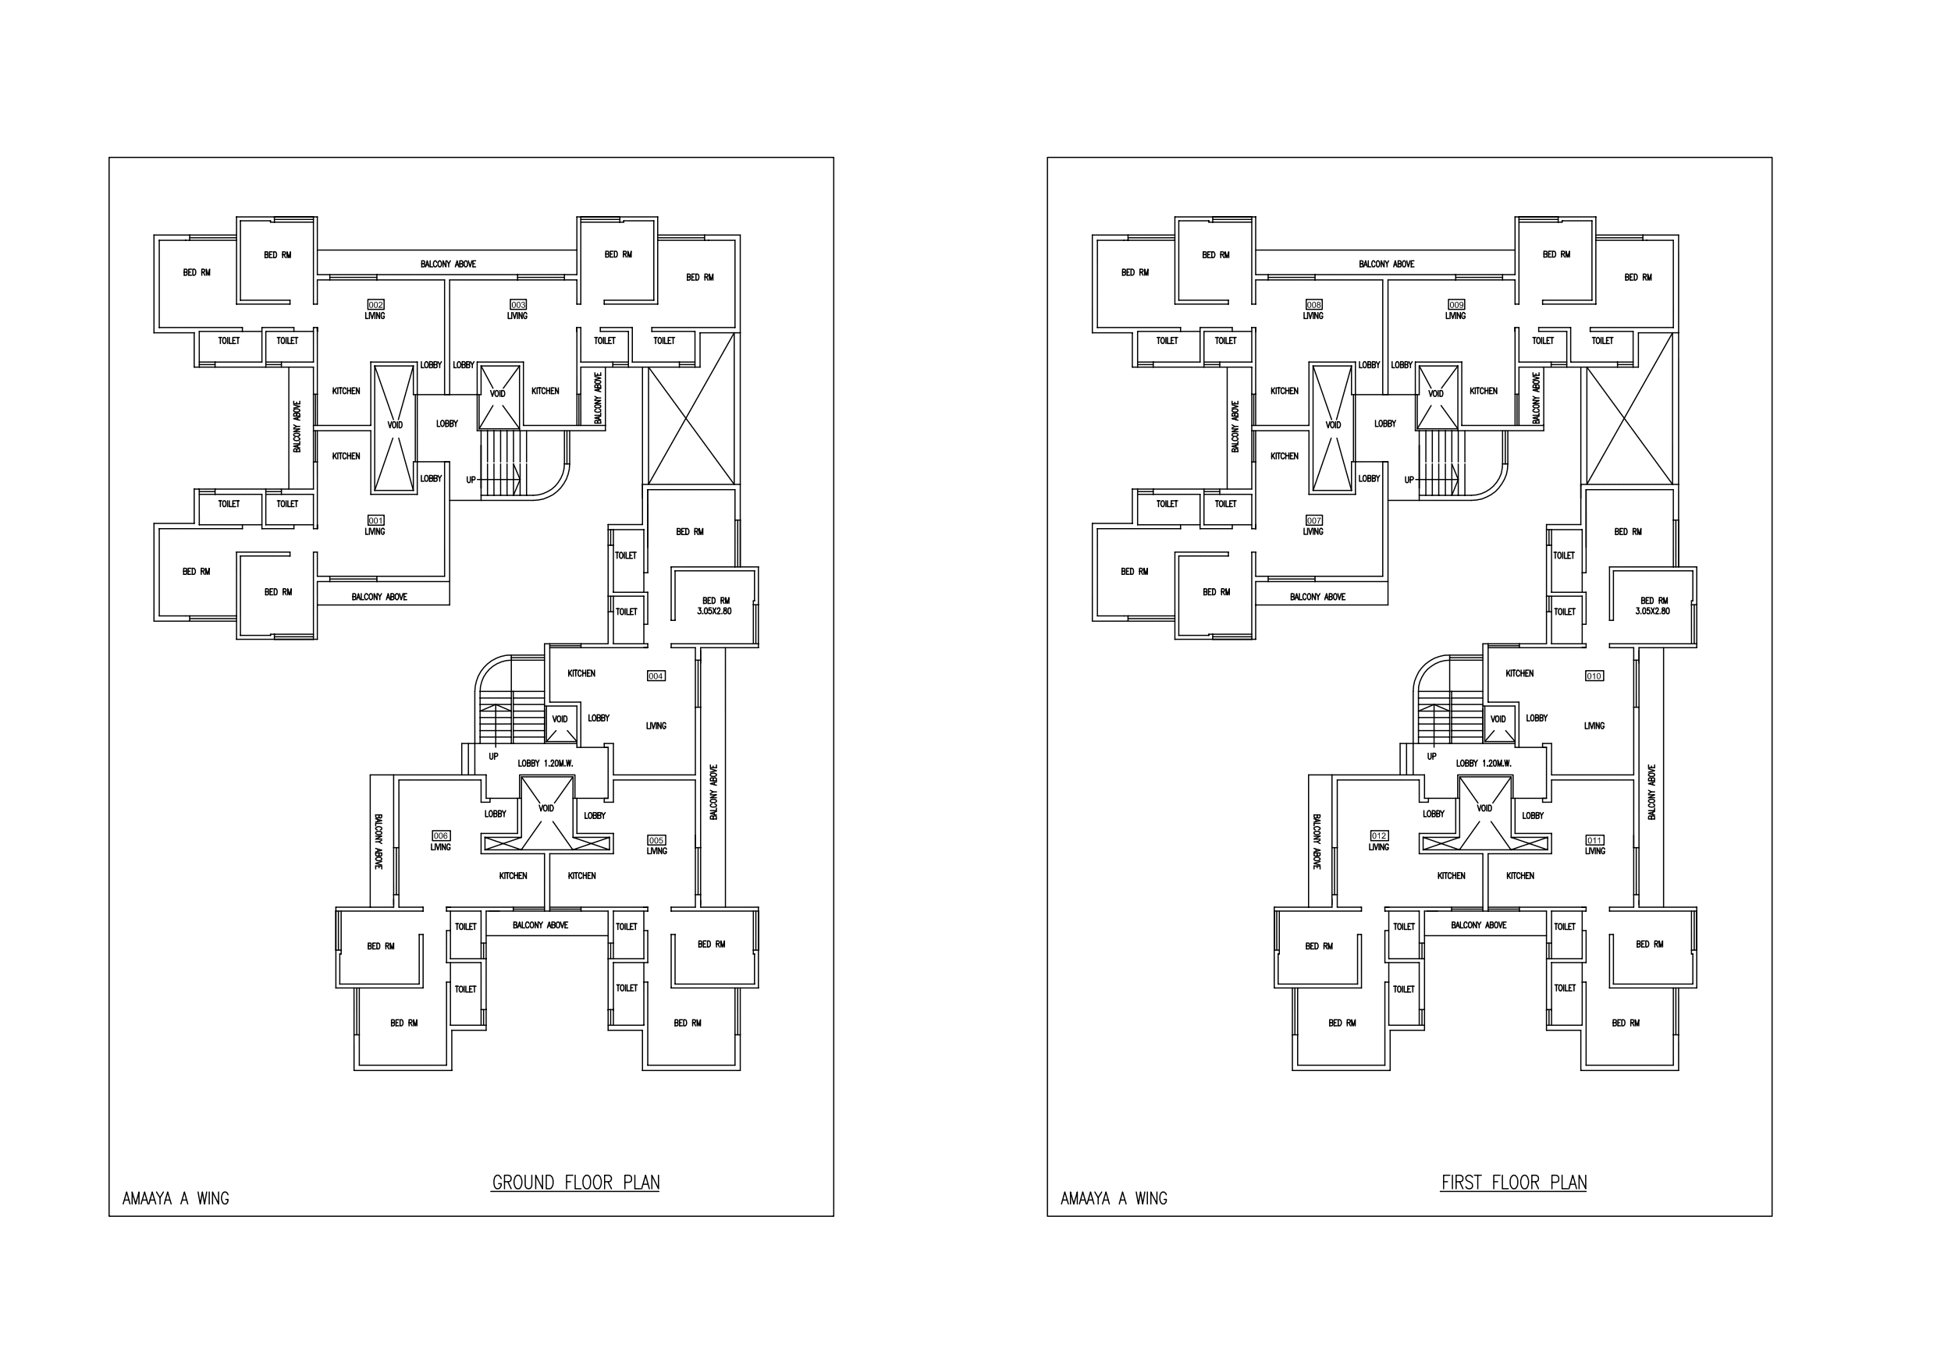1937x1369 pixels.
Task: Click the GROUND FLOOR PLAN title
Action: (575, 1183)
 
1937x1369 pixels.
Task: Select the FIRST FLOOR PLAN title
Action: (1513, 1183)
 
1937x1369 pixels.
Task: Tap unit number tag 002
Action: (375, 304)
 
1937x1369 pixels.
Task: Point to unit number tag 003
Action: (518, 304)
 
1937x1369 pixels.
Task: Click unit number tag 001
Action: (375, 520)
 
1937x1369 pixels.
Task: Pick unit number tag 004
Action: (656, 676)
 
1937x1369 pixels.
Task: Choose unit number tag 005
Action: (656, 840)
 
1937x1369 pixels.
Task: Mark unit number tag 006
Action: (440, 836)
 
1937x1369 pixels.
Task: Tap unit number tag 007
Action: (1313, 520)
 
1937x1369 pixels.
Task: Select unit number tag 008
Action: (1313, 304)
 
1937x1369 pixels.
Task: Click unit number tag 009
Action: (1456, 304)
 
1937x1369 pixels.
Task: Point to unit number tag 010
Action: (1594, 676)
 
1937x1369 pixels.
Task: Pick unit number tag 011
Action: (1594, 840)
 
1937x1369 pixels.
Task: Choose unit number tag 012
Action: (1378, 836)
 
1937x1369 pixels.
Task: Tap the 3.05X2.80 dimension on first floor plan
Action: (1653, 612)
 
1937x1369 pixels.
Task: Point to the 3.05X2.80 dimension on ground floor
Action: (715, 612)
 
